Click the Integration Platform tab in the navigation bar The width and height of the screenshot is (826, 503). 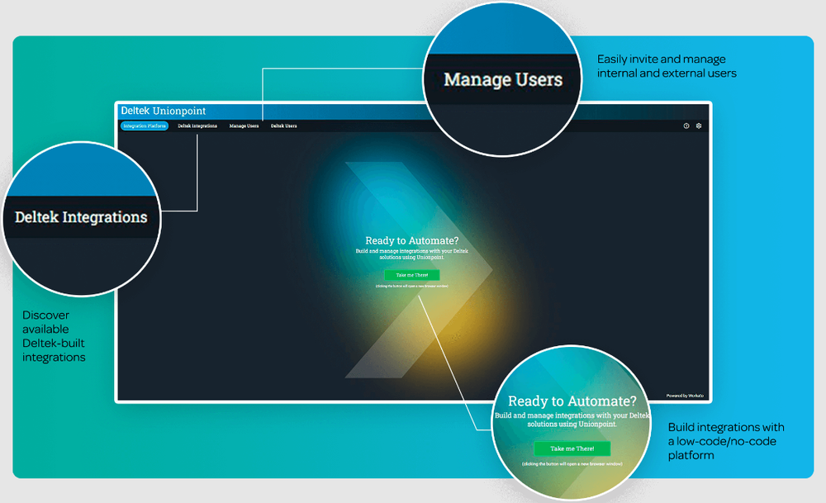[145, 126]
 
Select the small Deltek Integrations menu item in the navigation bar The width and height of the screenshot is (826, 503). [197, 126]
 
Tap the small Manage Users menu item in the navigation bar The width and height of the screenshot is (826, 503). [244, 126]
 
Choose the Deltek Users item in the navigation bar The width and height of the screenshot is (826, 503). [284, 126]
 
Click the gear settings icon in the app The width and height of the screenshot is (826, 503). [699, 126]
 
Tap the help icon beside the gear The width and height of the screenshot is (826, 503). [686, 126]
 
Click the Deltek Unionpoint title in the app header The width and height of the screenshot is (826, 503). [164, 111]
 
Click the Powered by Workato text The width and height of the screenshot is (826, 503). [685, 396]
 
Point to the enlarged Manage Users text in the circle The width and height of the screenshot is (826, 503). [503, 80]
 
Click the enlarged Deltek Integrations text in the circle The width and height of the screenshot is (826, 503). [81, 217]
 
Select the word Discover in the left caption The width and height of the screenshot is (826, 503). [46, 315]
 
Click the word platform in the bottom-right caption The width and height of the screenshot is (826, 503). [691, 455]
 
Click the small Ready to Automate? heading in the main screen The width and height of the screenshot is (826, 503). [411, 241]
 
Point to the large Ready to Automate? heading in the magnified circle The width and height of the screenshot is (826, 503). [572, 401]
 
